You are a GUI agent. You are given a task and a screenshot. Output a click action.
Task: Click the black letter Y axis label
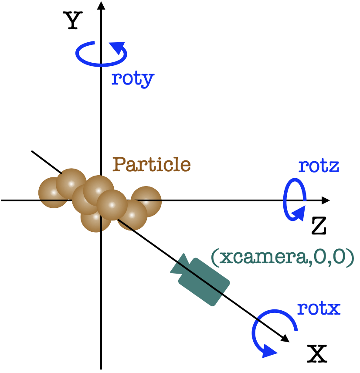[x=73, y=20]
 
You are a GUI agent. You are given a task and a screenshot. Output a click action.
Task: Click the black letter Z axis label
[x=319, y=226]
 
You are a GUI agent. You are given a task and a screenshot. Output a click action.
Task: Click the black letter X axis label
[x=317, y=353]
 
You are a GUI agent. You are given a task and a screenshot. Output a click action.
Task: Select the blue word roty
[x=133, y=79]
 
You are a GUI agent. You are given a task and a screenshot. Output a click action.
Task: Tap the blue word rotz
[x=319, y=166]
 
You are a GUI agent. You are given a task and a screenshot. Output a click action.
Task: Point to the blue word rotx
[x=319, y=309]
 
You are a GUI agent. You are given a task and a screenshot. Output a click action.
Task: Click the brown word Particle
[x=152, y=164]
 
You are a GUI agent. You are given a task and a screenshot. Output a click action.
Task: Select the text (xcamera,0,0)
[x=283, y=258]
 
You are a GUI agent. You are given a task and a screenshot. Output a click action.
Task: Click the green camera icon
[x=200, y=280]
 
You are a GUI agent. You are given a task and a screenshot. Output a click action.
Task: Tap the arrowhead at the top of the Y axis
[x=101, y=5]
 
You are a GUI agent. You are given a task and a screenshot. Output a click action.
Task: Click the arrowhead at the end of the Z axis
[x=326, y=200]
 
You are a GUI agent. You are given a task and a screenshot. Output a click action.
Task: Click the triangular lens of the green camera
[x=180, y=265]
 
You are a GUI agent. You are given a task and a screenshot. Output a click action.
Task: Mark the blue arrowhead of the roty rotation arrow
[x=118, y=47]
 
